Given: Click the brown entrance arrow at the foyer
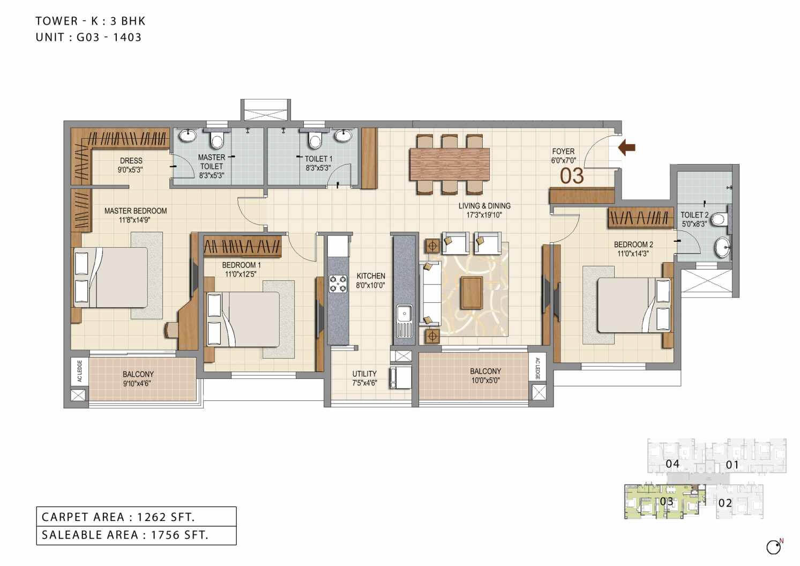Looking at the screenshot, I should (626, 147).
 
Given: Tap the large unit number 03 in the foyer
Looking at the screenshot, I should (571, 176).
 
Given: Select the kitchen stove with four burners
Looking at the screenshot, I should (338, 284).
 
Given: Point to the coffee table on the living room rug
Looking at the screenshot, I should (472, 293).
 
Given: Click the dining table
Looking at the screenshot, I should (450, 163).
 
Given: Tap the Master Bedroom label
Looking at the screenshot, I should (136, 211).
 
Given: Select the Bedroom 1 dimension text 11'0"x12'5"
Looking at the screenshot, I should (241, 274).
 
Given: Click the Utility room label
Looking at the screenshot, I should (364, 374).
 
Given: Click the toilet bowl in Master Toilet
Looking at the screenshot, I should (217, 140).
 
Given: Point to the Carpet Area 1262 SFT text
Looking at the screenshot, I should (118, 517).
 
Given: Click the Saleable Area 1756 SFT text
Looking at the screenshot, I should (125, 534).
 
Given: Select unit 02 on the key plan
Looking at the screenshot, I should (725, 503).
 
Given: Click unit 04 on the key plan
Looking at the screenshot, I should (672, 463).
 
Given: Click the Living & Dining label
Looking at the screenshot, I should (484, 206).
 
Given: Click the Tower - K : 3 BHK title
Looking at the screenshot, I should (91, 21).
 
